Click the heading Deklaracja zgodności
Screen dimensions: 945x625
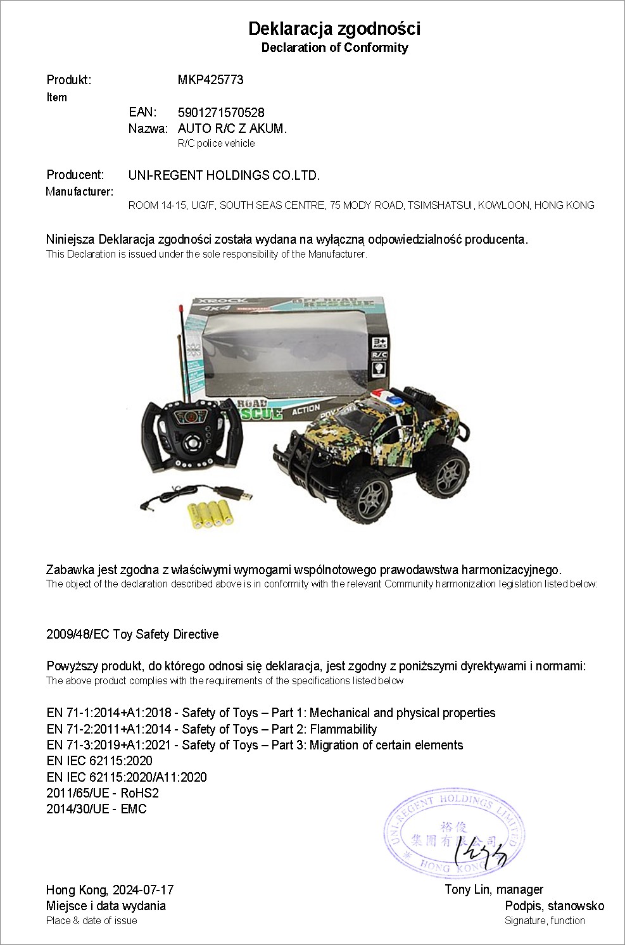[334, 28]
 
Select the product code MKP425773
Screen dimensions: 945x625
[210, 80]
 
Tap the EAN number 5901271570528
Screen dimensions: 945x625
[221, 113]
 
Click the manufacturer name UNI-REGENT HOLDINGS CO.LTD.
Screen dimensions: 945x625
[224, 175]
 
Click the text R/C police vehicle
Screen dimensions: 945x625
[216, 144]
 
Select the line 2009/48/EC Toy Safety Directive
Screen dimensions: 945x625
[132, 634]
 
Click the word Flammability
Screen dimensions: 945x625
[343, 729]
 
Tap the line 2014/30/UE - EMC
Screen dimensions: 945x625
[96, 809]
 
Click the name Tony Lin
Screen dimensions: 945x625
[468, 890]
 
